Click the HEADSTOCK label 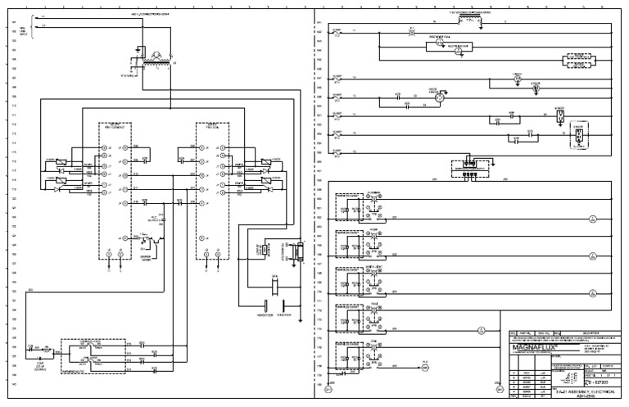[263, 314]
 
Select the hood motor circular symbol [439, 97]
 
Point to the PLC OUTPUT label [156, 219]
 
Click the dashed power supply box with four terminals [468, 168]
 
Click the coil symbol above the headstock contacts [275, 286]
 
